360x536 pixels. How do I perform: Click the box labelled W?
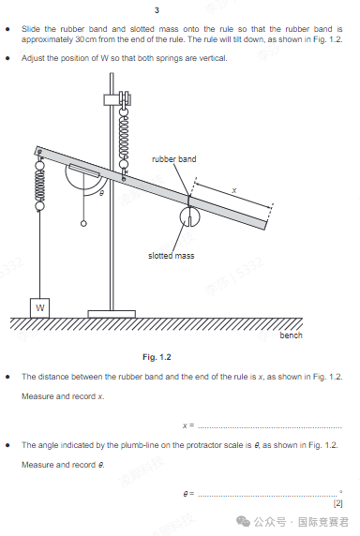39,307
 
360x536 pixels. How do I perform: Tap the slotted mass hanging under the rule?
189,216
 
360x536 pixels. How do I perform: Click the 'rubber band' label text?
174,159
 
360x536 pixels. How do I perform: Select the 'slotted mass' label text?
171,256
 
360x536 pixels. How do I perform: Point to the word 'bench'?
291,335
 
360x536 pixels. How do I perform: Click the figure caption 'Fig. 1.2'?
157,357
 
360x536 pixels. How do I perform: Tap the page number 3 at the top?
157,10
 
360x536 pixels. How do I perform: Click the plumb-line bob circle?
83,224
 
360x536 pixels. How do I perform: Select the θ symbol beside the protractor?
101,193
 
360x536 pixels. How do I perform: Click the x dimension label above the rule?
233,190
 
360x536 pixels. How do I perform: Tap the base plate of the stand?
112,314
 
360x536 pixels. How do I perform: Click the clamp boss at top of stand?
117,99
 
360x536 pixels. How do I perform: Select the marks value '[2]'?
337,503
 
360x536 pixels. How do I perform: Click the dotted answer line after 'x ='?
270,427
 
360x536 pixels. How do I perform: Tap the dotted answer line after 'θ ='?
268,496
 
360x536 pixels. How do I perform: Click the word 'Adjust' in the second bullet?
33,58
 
